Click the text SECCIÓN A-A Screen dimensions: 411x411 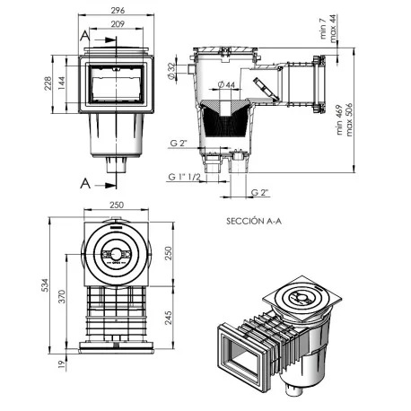point(258,218)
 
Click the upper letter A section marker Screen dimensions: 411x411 point(83,36)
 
